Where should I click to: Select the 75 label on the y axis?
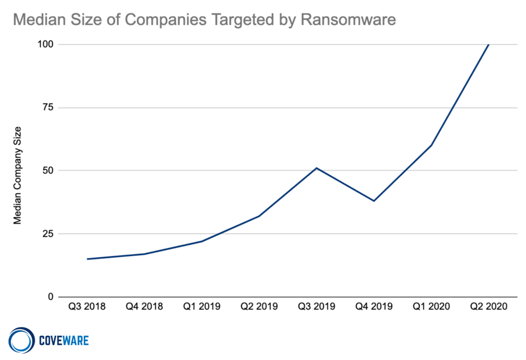[48, 107]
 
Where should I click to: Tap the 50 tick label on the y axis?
[48, 171]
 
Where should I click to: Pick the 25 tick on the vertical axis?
[48, 234]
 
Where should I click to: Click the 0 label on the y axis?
[51, 297]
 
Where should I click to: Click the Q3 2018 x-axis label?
[87, 306]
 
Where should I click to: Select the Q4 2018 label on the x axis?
[144, 306]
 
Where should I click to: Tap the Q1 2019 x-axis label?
[201, 306]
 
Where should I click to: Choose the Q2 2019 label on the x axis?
[259, 306]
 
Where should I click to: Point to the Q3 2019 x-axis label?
[317, 306]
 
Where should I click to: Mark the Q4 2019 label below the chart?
[374, 306]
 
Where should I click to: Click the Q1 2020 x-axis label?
[431, 306]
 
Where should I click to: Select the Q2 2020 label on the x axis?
[489, 306]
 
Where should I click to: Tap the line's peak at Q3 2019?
[317, 168]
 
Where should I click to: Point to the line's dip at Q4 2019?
[374, 201]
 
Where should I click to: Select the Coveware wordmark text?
[64, 341]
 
